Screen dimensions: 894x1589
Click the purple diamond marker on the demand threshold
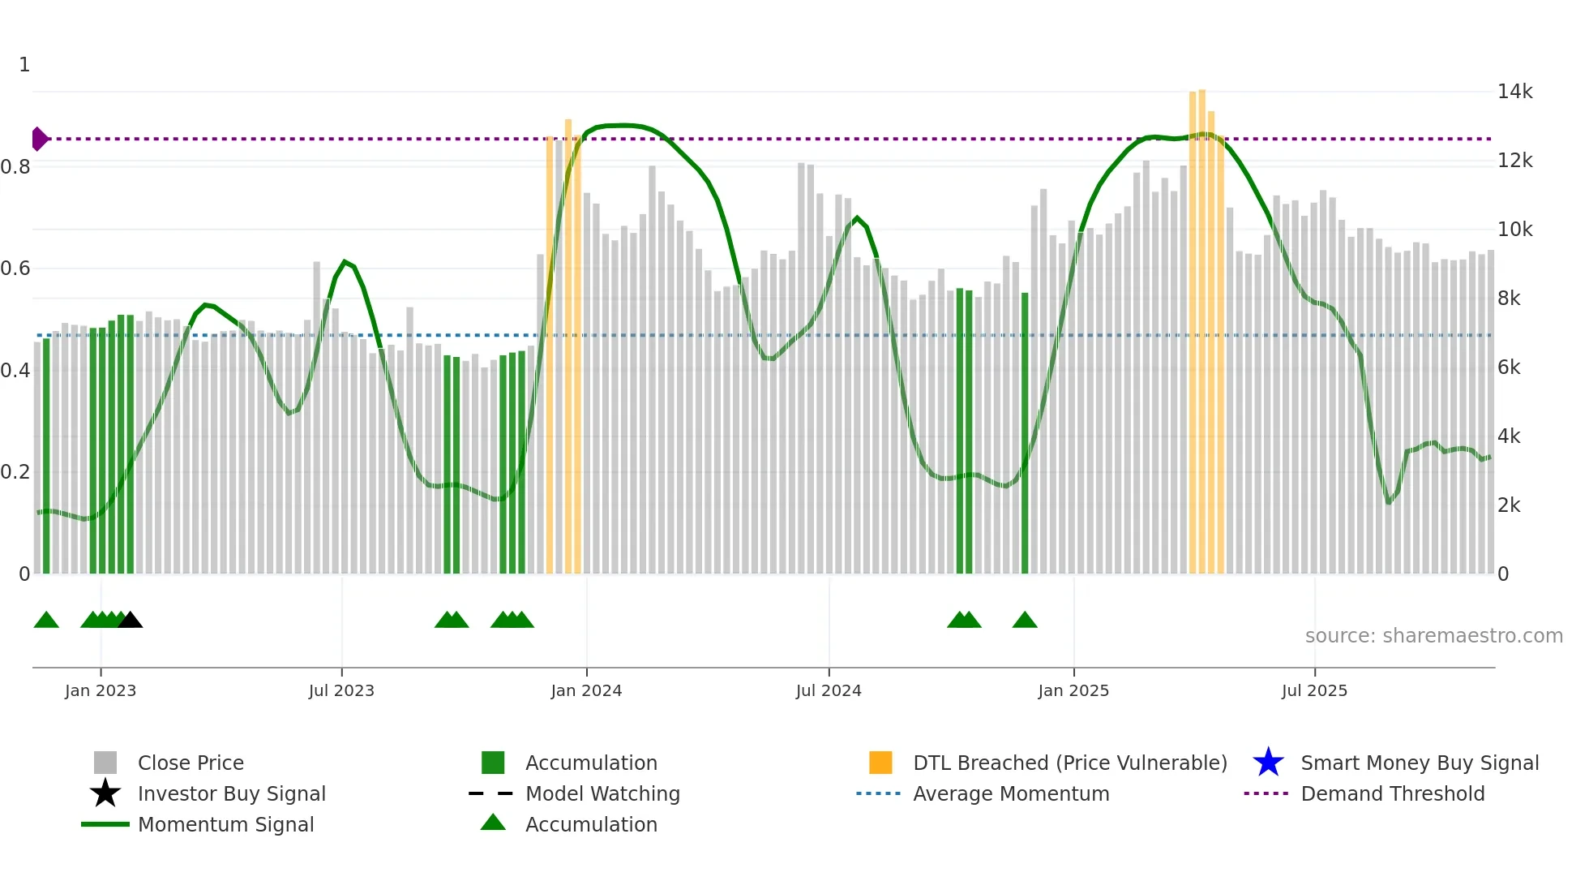point(39,139)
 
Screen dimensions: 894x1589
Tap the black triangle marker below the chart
point(131,621)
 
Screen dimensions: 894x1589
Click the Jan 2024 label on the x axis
point(586,690)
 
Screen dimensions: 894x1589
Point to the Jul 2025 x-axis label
point(1314,690)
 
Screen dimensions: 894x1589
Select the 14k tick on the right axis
point(1514,92)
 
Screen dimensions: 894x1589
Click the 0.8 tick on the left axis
point(16,167)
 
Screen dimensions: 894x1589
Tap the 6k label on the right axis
point(1509,367)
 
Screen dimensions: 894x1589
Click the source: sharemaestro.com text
point(1433,635)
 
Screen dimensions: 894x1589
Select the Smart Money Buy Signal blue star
point(1268,763)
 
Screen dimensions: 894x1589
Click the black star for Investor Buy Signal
point(105,793)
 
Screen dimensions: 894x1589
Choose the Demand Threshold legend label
point(1392,793)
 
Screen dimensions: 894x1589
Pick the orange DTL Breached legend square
point(880,763)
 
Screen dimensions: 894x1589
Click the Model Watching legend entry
point(602,793)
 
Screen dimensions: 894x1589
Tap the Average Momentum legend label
point(1011,793)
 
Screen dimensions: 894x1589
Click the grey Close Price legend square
point(105,763)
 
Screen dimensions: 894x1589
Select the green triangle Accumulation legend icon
point(493,823)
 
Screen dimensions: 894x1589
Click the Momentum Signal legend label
point(225,824)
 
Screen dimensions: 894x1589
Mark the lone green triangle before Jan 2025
point(1025,621)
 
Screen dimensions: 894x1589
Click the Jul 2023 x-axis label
point(341,690)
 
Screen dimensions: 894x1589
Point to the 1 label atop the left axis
point(24,65)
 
